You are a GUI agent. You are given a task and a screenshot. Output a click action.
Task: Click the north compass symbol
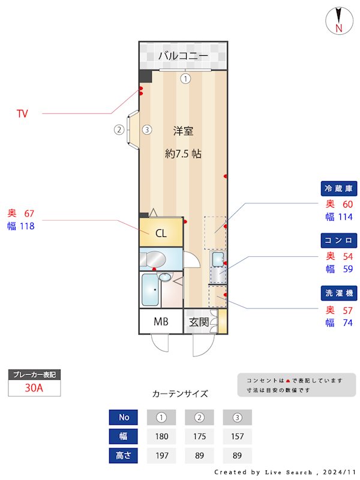[338, 21]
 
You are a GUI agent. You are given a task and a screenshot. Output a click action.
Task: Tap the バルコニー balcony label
[183, 56]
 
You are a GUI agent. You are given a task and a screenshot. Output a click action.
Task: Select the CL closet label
[161, 233]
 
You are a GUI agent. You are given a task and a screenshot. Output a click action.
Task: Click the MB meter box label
[160, 322]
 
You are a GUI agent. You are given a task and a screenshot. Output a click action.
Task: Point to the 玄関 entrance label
[199, 322]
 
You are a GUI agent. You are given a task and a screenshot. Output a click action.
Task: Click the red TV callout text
[22, 113]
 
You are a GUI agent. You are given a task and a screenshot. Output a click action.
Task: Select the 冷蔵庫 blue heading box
[340, 188]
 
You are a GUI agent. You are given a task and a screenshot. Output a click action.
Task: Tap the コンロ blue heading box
[340, 241]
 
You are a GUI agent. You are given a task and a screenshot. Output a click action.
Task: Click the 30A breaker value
[34, 388]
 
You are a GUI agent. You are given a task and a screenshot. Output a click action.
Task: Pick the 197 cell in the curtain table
[161, 455]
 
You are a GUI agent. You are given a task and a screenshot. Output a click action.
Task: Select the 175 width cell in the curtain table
[199, 436]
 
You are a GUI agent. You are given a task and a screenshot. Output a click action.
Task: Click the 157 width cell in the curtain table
[237, 436]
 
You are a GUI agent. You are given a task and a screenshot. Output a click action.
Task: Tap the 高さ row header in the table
[124, 455]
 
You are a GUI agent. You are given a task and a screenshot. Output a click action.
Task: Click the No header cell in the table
[124, 417]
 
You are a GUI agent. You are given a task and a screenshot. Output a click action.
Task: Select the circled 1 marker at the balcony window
[185, 78]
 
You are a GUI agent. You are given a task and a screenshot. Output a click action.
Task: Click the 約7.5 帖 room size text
[183, 154]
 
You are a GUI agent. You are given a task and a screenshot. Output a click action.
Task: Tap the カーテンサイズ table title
[180, 394]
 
